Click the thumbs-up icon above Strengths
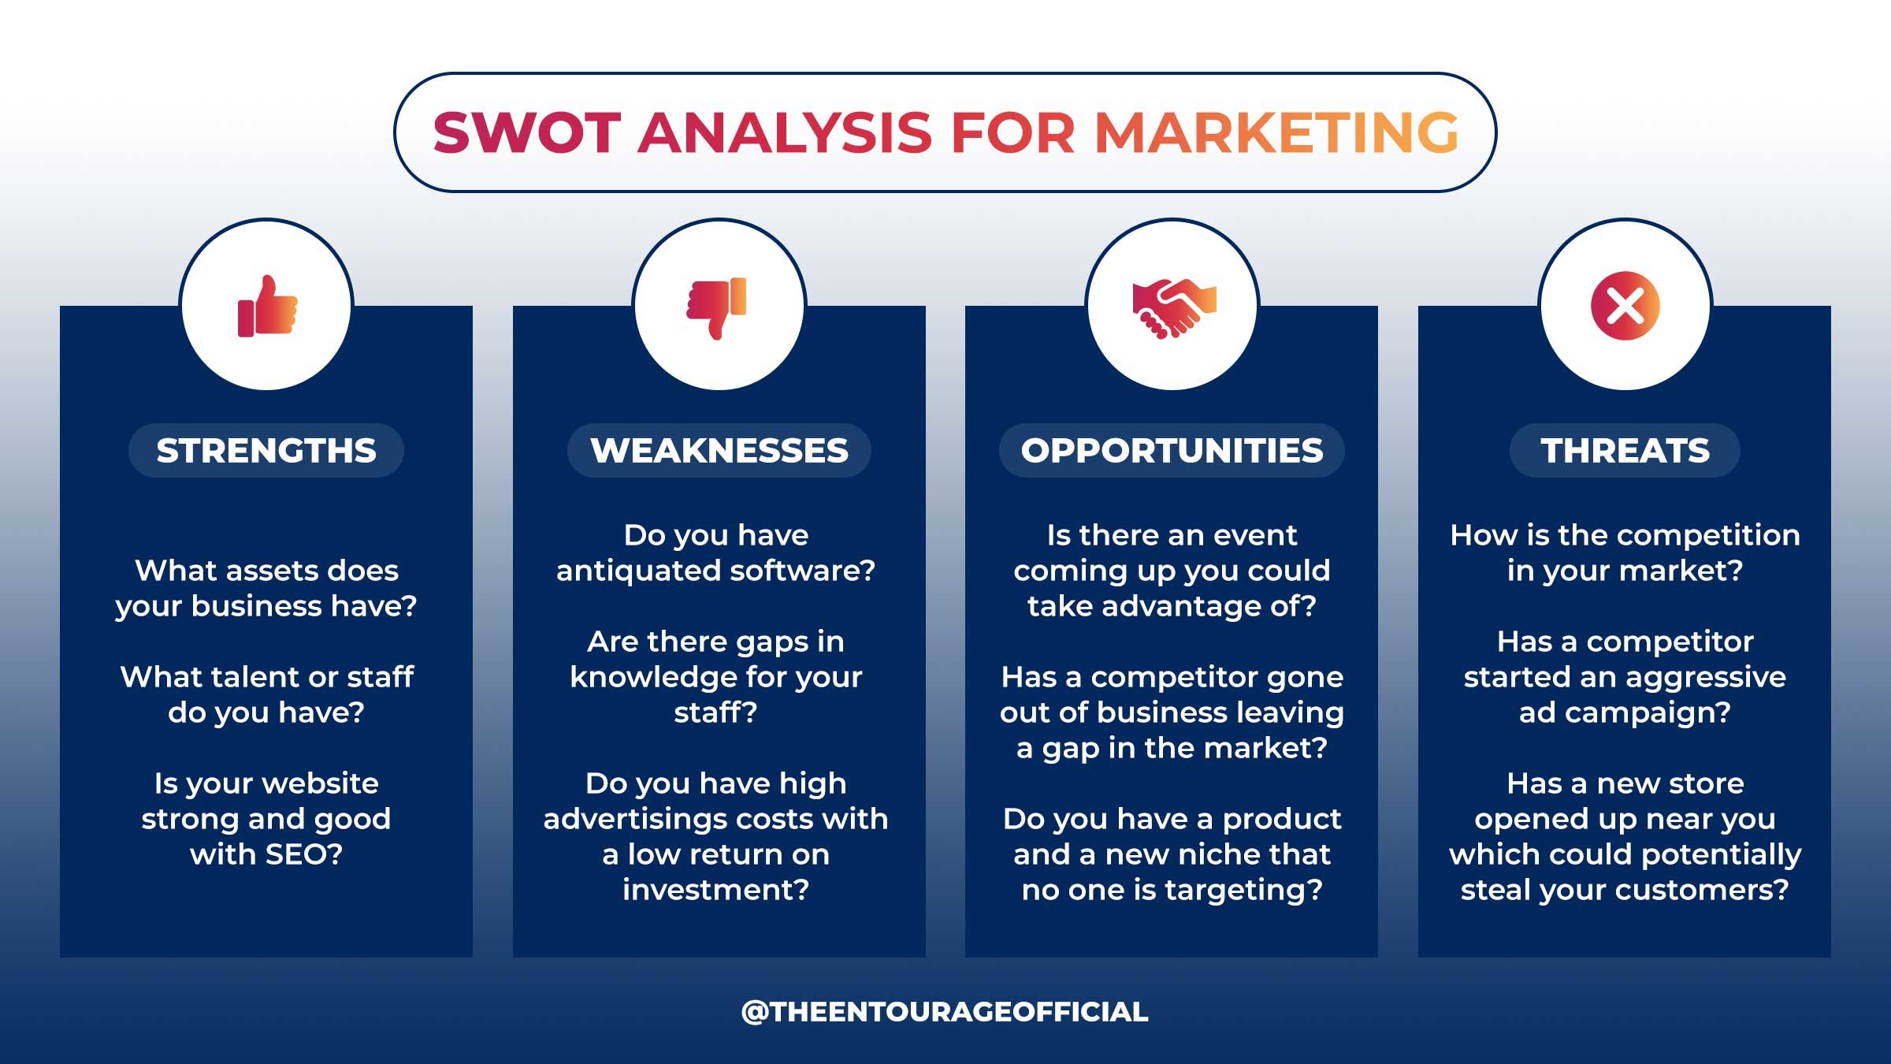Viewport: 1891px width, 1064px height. pos(267,307)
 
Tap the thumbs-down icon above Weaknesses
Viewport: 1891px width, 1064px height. pos(717,307)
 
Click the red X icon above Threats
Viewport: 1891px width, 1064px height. pos(1625,306)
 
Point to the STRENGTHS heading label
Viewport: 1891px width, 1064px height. pos(266,451)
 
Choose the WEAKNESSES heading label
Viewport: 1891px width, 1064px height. pos(719,451)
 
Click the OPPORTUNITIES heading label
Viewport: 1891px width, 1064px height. pos(1172,451)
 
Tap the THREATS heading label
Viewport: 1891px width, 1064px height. pos(1625,451)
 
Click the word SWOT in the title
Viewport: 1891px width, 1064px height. pos(527,132)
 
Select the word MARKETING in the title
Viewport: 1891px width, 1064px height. pos(1276,132)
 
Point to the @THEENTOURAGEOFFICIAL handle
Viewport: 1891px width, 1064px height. pos(945,1012)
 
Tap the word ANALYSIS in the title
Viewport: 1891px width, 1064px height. pos(785,132)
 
